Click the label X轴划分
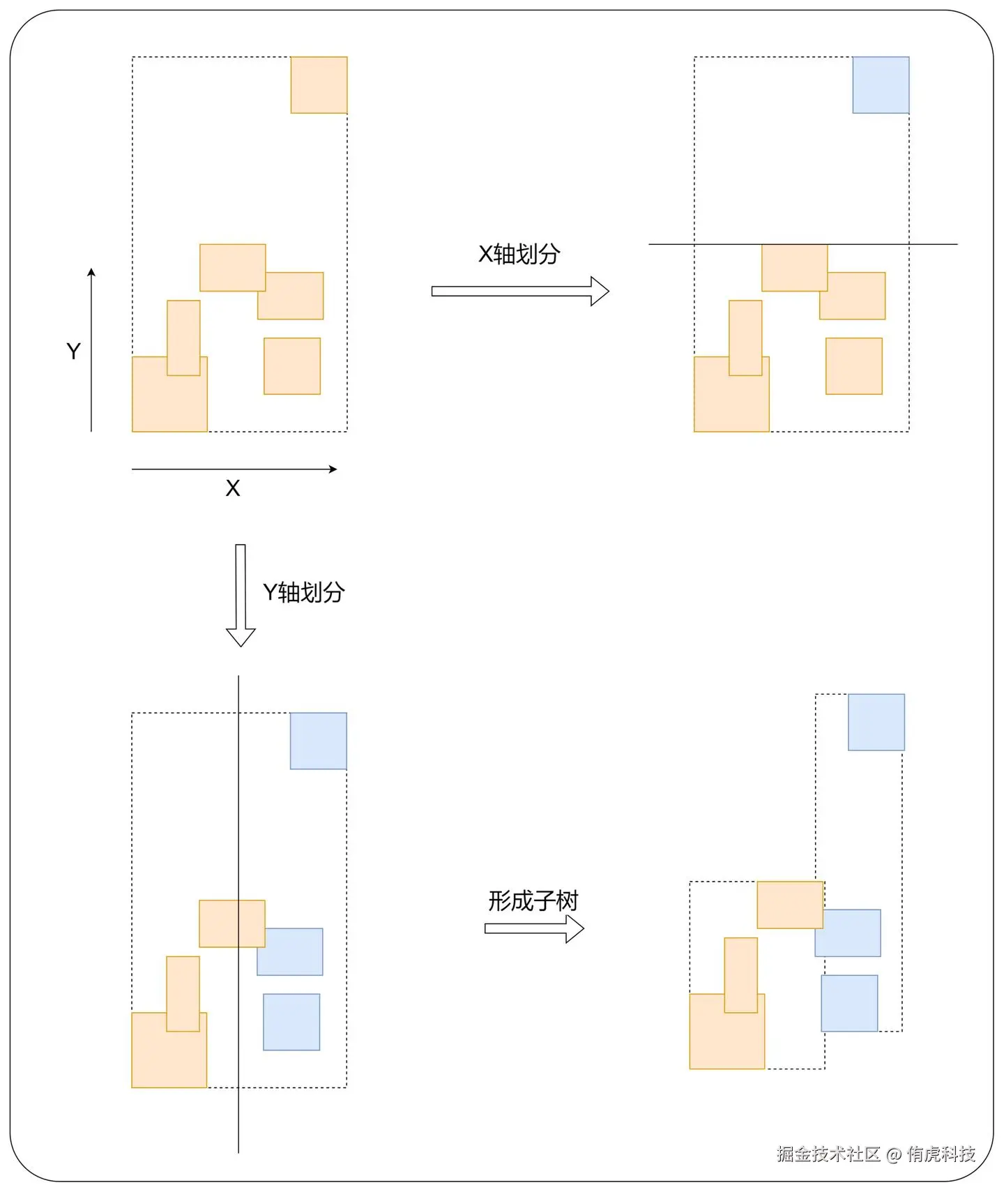(519, 255)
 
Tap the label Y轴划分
(303, 593)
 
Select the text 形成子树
(533, 901)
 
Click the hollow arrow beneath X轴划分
(520, 291)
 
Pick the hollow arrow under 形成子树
(534, 928)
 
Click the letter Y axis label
(73, 351)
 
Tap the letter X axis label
(233, 488)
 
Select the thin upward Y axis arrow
(91, 349)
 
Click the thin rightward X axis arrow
(234, 469)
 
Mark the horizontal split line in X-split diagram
(802, 244)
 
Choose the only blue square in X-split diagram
(881, 85)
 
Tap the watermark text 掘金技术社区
(828, 1154)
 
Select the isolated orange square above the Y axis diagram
(319, 85)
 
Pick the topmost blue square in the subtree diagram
(876, 722)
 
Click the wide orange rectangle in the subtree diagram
(790, 905)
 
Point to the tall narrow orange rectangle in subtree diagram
(740, 974)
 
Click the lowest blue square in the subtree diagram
(849, 1003)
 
